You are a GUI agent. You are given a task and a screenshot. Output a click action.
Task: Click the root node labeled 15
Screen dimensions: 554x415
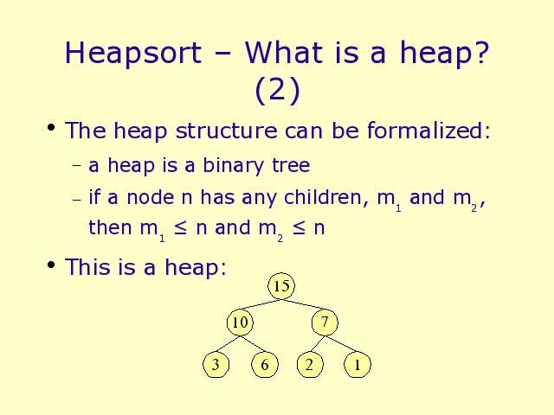pyautogui.click(x=281, y=286)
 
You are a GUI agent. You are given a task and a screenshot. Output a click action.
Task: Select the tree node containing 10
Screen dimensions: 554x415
pyautogui.click(x=241, y=322)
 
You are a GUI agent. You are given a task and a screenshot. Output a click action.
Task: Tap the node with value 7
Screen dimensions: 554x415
pyautogui.click(x=325, y=322)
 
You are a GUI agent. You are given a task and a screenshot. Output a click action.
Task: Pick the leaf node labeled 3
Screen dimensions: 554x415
pyautogui.click(x=216, y=365)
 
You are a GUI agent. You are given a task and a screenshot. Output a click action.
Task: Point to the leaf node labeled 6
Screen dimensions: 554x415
pyautogui.click(x=265, y=365)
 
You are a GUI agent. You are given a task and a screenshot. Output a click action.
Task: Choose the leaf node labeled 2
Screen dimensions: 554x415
pyautogui.click(x=310, y=365)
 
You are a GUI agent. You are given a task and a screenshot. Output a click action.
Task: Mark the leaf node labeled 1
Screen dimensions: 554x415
pyautogui.click(x=358, y=365)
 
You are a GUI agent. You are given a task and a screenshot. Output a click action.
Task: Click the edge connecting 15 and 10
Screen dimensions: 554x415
pyautogui.click(x=261, y=305)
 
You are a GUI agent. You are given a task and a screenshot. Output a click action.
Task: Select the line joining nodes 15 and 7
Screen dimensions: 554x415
pyautogui.click(x=303, y=305)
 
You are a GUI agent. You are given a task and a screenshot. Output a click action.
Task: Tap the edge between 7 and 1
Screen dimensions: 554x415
pyautogui.click(x=341, y=344)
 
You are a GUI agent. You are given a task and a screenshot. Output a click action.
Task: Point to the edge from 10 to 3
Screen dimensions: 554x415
pyautogui.click(x=229, y=344)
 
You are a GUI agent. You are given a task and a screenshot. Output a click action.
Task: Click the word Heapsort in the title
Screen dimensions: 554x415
pyautogui.click(x=133, y=53)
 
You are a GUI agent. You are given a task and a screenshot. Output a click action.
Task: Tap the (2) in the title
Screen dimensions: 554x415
pyautogui.click(x=277, y=90)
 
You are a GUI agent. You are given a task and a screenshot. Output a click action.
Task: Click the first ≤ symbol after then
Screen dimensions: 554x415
pyautogui.click(x=180, y=227)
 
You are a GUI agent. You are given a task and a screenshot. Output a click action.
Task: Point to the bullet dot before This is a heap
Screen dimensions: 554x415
pyautogui.click(x=51, y=265)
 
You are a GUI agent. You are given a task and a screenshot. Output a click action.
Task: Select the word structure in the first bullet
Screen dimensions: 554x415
pyautogui.click(x=227, y=131)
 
